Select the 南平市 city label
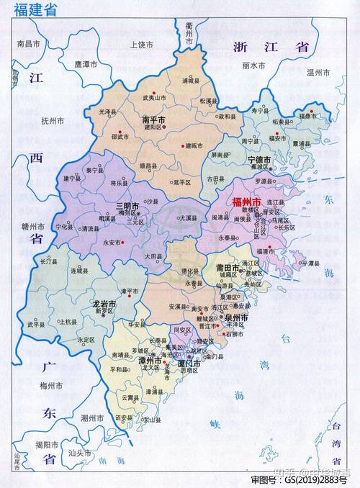pos(153,119)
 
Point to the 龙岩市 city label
pos(104,304)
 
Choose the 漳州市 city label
pos(151,360)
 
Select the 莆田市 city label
pos(229,267)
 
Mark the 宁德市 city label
pos(258,159)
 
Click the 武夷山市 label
pos(153,97)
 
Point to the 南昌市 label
pos(30,44)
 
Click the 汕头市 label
pos(78,453)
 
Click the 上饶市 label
pos(141,45)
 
